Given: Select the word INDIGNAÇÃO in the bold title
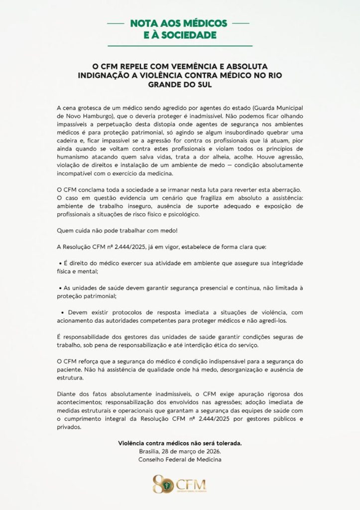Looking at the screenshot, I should pos(108,75).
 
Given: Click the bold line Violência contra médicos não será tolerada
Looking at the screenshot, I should pos(180,443).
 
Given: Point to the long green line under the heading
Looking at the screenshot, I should pos(180,45).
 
